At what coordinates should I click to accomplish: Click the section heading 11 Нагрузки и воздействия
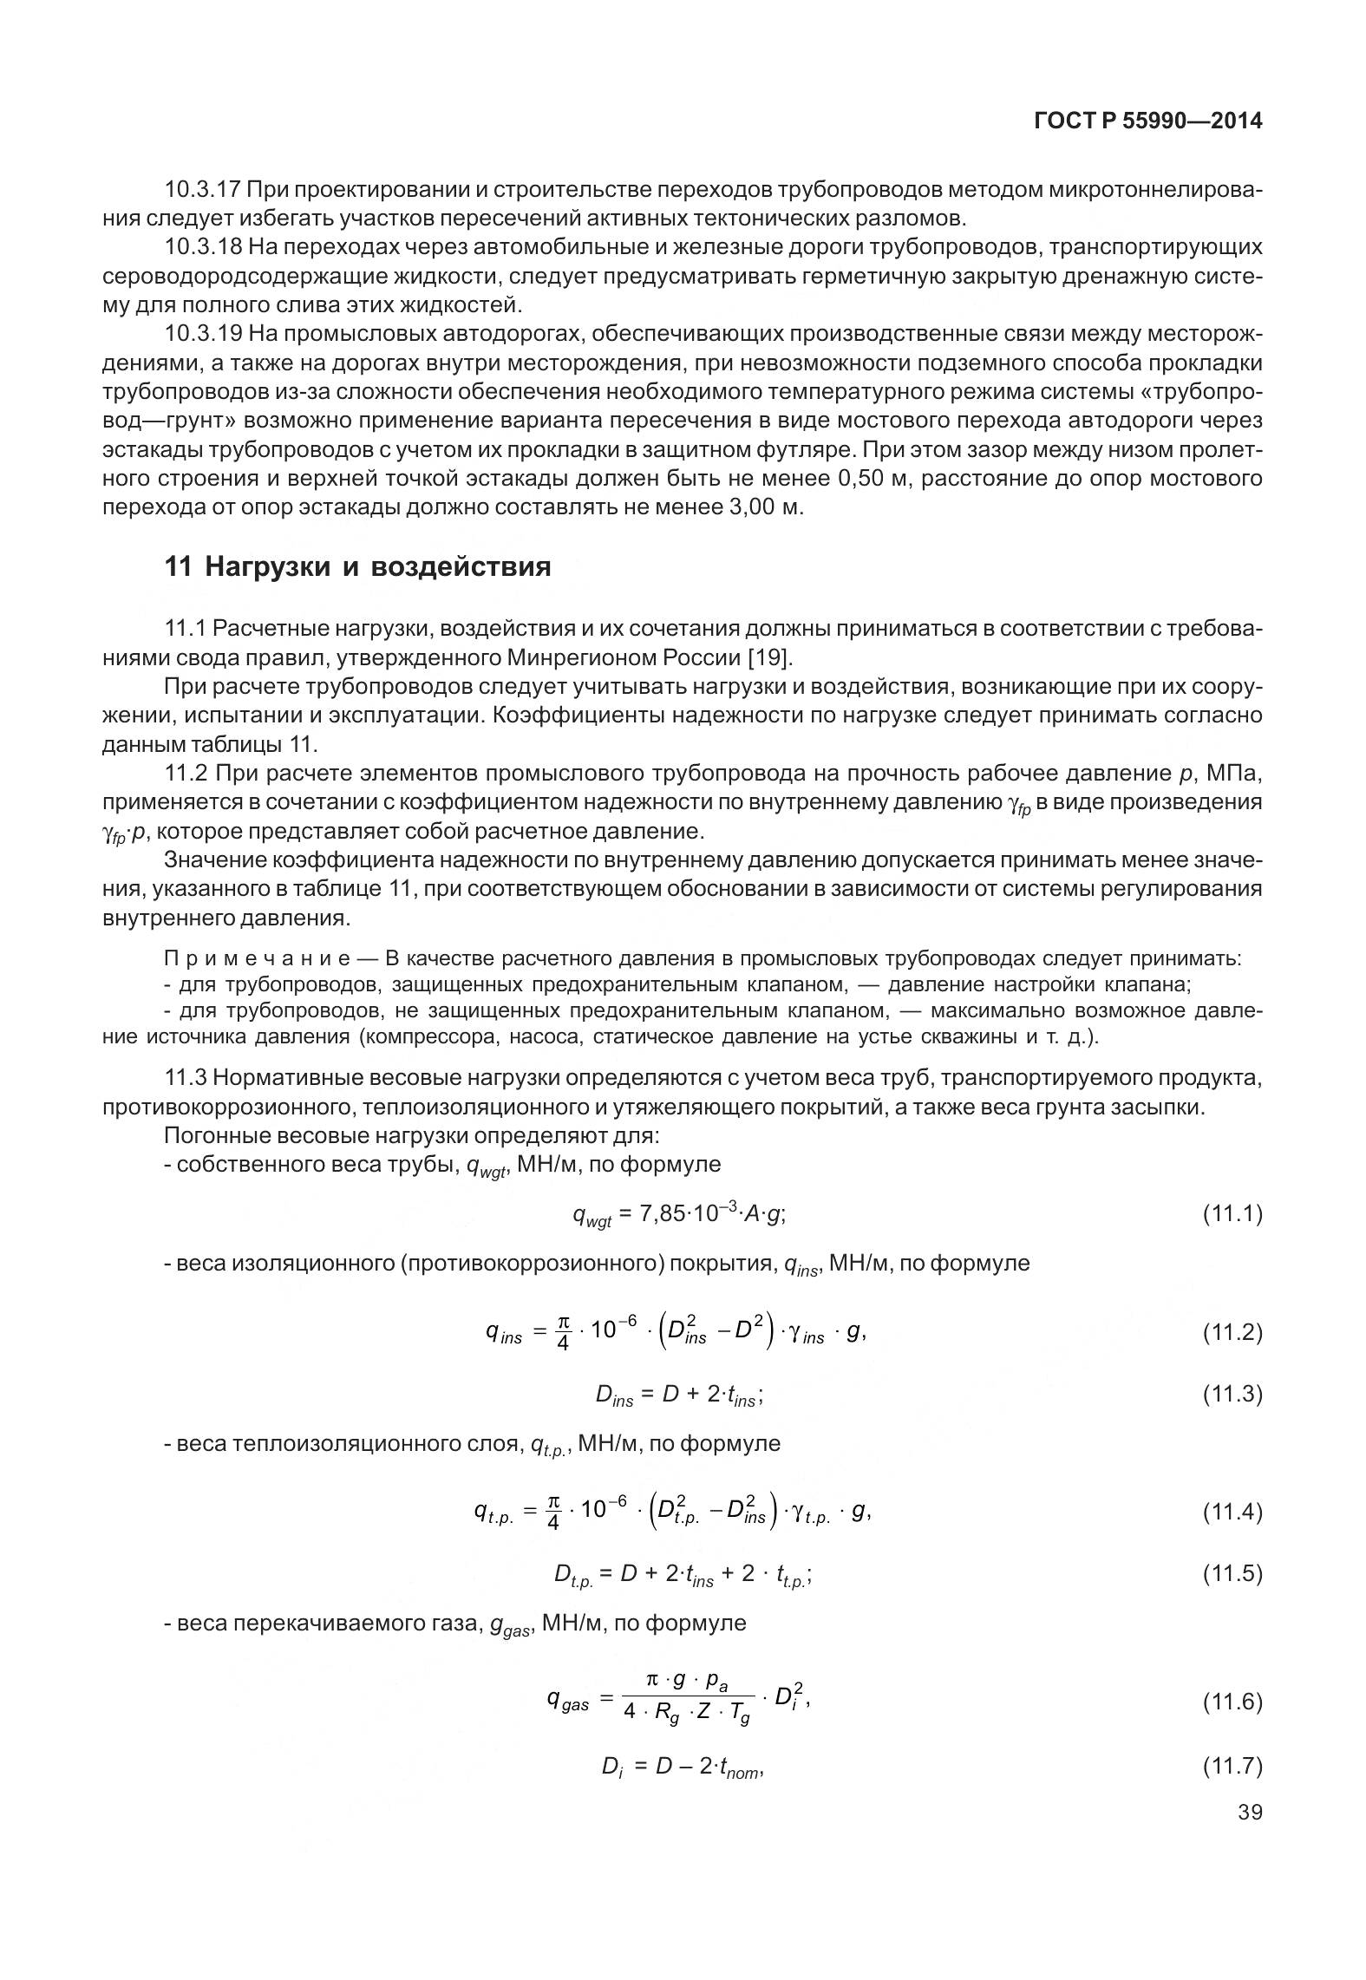357,567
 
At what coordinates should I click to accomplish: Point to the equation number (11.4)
1232,1513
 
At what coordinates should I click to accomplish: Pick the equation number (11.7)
1232,1766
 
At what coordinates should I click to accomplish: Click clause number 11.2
186,774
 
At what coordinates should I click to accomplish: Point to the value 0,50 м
872,479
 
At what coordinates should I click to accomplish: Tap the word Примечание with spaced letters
257,959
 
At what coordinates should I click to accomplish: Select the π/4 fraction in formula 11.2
563,1333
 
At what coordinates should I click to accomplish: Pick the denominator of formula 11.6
688,1715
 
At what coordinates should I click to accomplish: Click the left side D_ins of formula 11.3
614,1395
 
